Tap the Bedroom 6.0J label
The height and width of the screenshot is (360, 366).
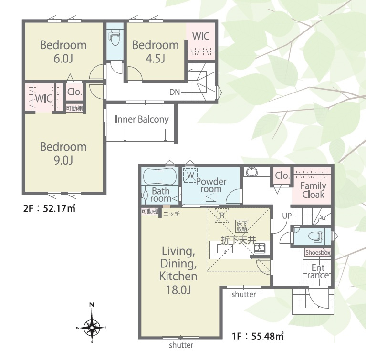coord(63,51)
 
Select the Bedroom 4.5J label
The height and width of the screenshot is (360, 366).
coord(156,51)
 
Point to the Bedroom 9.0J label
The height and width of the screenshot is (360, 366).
coord(63,153)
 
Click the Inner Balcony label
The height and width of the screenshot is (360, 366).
coord(142,119)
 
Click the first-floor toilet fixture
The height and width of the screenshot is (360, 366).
coord(315,236)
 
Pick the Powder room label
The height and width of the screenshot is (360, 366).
coord(211,185)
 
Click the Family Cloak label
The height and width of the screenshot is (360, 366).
coord(313,190)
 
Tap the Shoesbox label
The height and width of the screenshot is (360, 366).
coord(318,252)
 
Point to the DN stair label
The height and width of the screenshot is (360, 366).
coord(175,93)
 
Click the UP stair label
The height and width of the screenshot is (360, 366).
coord(287,216)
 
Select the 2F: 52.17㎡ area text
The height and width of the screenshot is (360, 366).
coord(49,208)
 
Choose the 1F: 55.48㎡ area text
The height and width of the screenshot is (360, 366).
coord(258,337)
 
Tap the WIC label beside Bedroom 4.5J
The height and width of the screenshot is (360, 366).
coord(201,36)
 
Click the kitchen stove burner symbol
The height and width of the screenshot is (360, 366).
coord(260,248)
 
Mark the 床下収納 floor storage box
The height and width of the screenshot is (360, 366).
coord(242,226)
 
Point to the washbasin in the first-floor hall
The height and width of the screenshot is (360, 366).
coord(251,172)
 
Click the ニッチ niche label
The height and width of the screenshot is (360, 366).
coord(171,214)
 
